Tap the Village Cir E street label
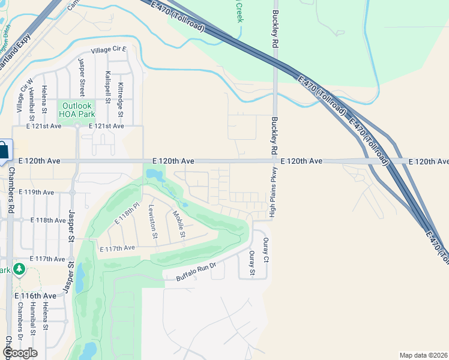coord(109,52)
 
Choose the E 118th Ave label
coord(47,220)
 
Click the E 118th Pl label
coord(127,213)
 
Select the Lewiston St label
coord(152,221)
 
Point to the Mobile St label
coord(178,223)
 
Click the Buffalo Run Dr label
coord(196,271)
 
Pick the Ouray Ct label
coord(266,249)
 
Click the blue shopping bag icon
coord(3,149)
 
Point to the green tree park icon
coord(20,269)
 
